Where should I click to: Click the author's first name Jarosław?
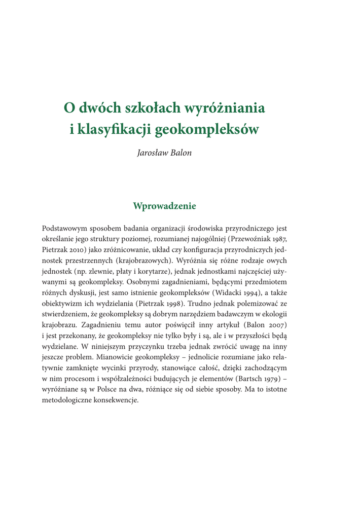click(x=152, y=152)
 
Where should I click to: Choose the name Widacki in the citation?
click(x=238, y=292)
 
